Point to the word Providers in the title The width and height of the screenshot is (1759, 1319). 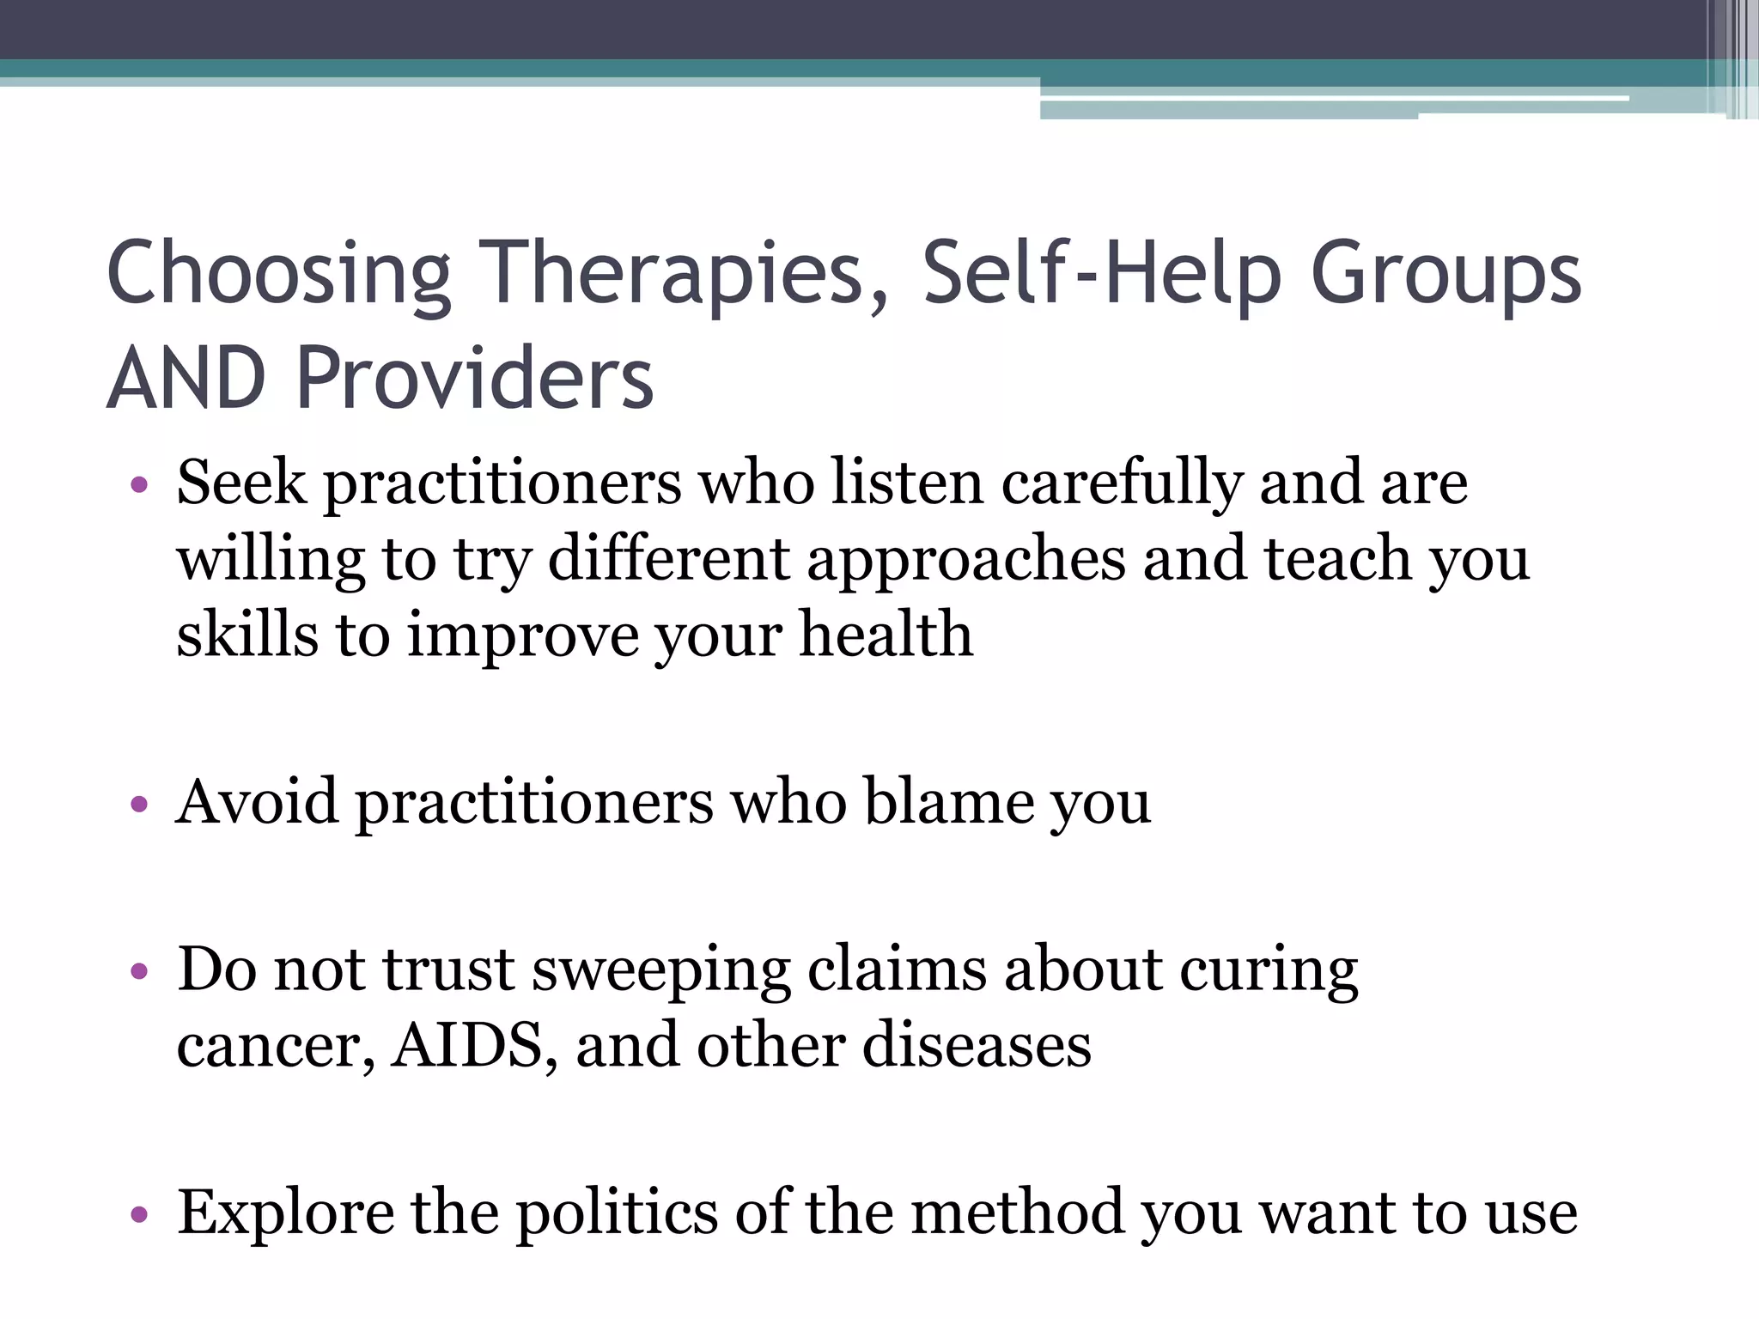pyautogui.click(x=475, y=379)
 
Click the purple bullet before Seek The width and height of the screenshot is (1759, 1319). pyautogui.click(x=139, y=486)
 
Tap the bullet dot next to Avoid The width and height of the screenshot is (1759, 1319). pyautogui.click(x=139, y=805)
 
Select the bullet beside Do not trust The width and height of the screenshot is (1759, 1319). pyautogui.click(x=139, y=973)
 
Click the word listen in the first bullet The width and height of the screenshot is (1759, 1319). pyautogui.click(x=906, y=483)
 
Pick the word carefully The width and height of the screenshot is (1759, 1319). pyautogui.click(x=1121, y=484)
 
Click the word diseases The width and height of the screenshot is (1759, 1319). pyautogui.click(x=977, y=1046)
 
